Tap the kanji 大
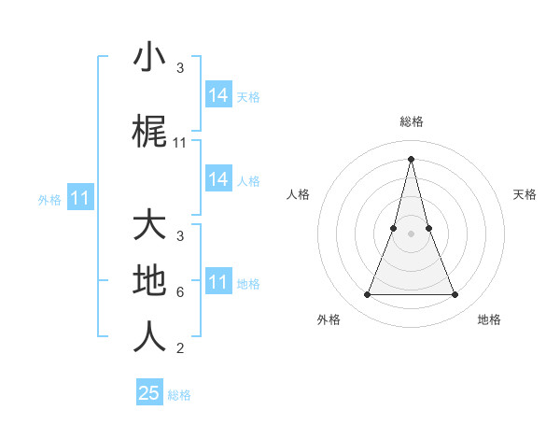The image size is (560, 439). click(x=149, y=226)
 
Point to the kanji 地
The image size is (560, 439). click(x=149, y=280)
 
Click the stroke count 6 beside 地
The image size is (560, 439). click(x=179, y=292)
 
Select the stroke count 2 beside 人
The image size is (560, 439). click(x=179, y=349)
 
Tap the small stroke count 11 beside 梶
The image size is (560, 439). click(x=180, y=143)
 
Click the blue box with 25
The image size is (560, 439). click(x=149, y=393)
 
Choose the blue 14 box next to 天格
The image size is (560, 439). click(x=218, y=95)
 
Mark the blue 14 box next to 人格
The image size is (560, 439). click(x=218, y=179)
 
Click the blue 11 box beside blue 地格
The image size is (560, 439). click(x=218, y=282)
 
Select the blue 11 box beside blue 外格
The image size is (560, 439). click(x=80, y=198)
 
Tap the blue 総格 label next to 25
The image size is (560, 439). click(x=179, y=395)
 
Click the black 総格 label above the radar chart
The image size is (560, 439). click(x=411, y=121)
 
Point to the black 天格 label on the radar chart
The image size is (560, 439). click(x=525, y=194)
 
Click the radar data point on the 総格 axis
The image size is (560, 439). click(x=411, y=158)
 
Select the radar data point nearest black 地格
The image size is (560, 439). click(x=455, y=295)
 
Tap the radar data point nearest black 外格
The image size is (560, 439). click(x=367, y=295)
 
